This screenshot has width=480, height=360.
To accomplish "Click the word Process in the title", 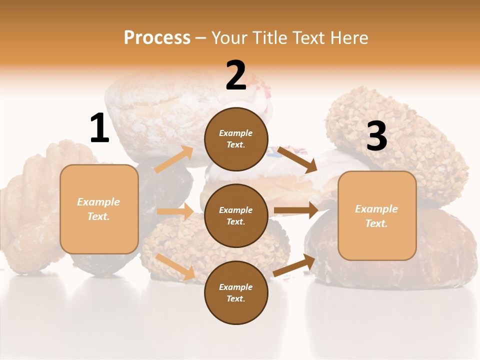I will click(x=157, y=37).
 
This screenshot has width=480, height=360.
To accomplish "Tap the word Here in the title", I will click(x=347, y=37).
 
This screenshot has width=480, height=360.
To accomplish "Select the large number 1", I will click(x=99, y=128).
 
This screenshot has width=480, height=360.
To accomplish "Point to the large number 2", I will click(x=236, y=75).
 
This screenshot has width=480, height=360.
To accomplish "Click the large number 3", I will click(x=376, y=136).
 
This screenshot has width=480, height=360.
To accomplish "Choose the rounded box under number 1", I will click(x=99, y=208).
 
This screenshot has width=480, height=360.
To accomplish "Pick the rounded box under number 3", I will click(x=377, y=215).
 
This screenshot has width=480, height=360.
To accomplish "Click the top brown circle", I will click(x=236, y=139).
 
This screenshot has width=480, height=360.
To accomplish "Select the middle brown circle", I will click(x=236, y=215).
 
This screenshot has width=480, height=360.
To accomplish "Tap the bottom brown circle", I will click(x=236, y=292).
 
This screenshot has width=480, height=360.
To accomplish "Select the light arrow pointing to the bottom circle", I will click(x=175, y=266).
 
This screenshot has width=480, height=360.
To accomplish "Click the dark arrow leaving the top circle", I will click(x=297, y=159).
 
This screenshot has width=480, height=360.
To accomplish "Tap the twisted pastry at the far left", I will click(x=30, y=210).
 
